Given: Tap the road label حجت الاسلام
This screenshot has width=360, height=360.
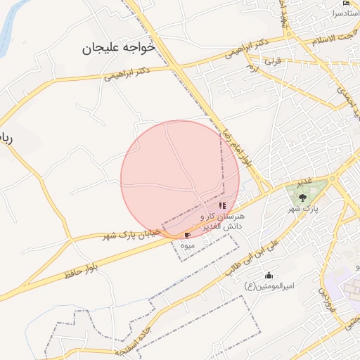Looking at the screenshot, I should pos(330,35).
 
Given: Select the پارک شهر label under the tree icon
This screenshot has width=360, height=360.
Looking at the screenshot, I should pos(304,210).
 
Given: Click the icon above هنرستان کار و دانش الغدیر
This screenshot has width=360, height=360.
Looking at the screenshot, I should pos(222,206).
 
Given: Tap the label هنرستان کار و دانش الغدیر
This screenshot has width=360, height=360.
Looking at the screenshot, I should pos(221,222).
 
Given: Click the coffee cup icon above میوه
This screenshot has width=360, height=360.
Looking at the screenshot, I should pos(187,234).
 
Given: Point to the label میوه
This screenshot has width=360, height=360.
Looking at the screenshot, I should pos(187,245).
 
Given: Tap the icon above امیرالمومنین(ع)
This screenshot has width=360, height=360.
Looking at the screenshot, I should pos(268,275).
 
